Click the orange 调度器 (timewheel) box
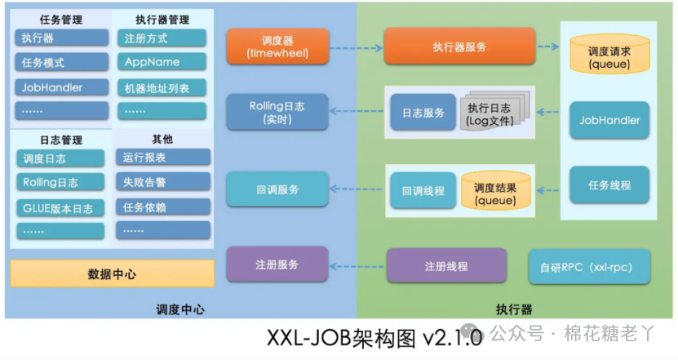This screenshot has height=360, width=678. pos(277,47)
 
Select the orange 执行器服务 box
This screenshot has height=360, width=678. pos(459,47)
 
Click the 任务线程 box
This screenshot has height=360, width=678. pos(609,185)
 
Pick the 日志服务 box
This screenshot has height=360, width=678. pos(423,113)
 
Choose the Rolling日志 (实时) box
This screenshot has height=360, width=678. pos(277,113)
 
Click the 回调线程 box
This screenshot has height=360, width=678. pos(423,190)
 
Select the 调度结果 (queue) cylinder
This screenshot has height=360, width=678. pos(496,190)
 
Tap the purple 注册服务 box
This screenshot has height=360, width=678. pos(277,264)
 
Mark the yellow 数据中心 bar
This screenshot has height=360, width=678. pos(112,274)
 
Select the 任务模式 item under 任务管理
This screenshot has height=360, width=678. pos(61,62)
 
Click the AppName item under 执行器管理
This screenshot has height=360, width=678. pos(162,62)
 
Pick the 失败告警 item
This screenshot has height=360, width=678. pos(163,182)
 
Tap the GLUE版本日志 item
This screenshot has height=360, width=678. pos(61,207)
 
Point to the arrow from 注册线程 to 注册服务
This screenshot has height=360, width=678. pos(357,265)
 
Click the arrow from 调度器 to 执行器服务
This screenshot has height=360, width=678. pos(357,47)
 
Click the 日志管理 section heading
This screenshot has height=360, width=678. pos(61,140)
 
